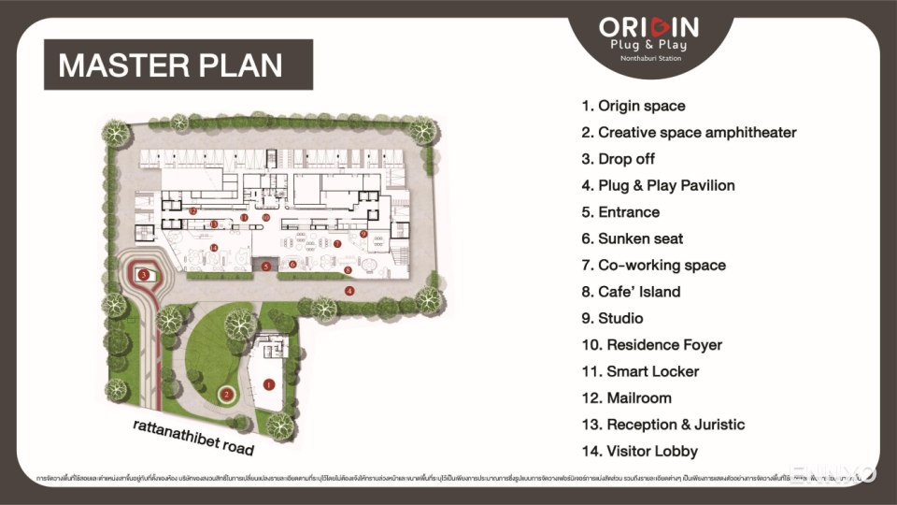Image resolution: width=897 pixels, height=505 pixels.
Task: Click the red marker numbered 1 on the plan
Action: (269, 383)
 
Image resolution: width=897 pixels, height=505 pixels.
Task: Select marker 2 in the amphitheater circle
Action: (226, 394)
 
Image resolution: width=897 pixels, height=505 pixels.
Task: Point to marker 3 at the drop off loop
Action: (144, 274)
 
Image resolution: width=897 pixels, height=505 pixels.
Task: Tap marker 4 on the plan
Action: (349, 291)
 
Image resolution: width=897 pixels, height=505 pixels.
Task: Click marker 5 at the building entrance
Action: (266, 267)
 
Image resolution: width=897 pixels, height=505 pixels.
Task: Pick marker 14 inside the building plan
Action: (214, 248)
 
